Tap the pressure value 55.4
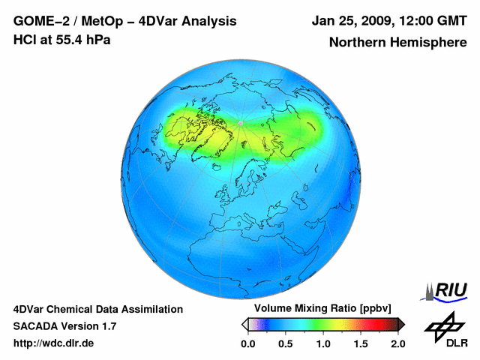67,40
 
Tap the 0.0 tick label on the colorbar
248,343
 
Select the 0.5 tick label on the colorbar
286,343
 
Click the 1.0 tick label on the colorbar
323,343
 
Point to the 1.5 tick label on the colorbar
361,343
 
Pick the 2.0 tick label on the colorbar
397,343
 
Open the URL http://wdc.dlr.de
54,343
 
